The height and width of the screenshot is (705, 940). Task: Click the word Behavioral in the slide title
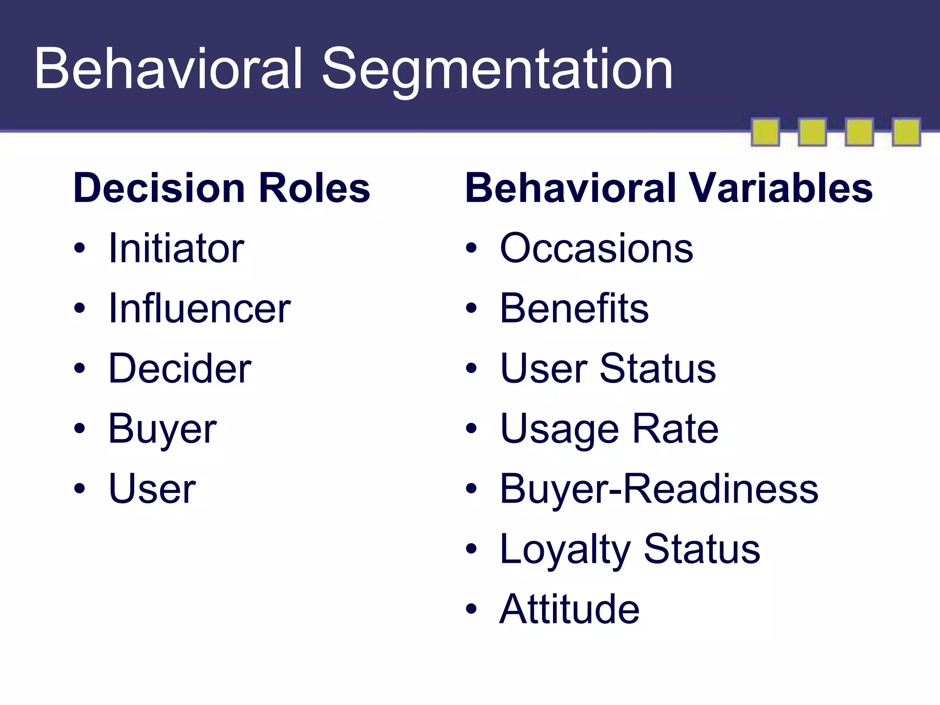click(168, 69)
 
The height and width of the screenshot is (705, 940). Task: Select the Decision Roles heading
click(221, 188)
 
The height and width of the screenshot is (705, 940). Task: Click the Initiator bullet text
click(176, 248)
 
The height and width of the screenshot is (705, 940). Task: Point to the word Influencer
click(199, 308)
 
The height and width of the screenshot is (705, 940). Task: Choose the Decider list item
click(179, 369)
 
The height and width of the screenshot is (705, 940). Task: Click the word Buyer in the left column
click(162, 429)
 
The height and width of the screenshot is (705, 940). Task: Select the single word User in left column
click(152, 489)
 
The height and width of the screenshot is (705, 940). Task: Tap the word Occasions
click(596, 248)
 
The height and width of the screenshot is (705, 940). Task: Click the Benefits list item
click(574, 308)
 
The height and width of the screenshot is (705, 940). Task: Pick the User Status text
click(608, 369)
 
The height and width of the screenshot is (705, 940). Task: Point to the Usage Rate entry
click(609, 429)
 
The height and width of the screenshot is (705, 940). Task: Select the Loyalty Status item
click(630, 549)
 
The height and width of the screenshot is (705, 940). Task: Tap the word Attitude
click(569, 610)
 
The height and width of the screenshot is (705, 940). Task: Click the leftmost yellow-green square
click(765, 132)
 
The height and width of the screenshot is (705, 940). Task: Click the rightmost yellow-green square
click(906, 132)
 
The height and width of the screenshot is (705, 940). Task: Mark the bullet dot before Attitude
click(471, 610)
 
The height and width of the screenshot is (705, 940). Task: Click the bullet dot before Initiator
click(79, 248)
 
